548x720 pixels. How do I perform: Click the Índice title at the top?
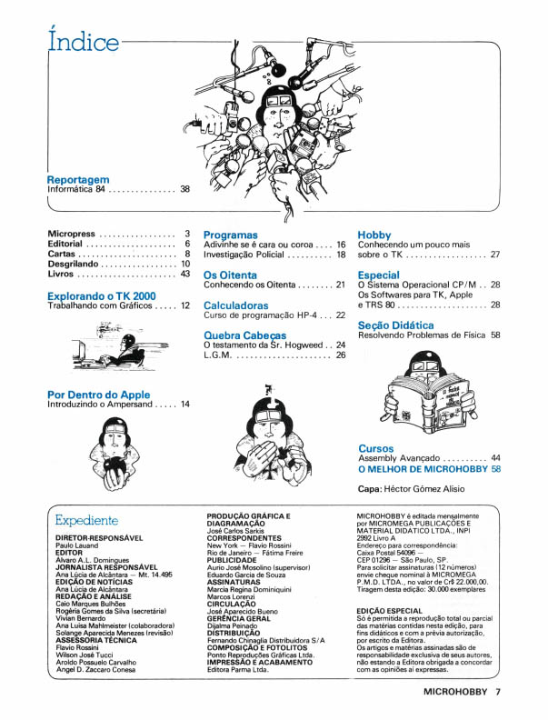pyautogui.click(x=83, y=42)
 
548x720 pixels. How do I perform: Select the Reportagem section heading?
pyautogui.click(x=78, y=180)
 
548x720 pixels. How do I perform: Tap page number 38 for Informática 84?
pyautogui.click(x=185, y=190)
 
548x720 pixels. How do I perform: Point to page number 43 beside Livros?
pyautogui.click(x=185, y=273)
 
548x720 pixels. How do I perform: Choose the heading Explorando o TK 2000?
pyautogui.click(x=101, y=296)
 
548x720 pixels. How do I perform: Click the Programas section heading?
pyautogui.click(x=231, y=235)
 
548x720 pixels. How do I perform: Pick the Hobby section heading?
pyautogui.click(x=374, y=235)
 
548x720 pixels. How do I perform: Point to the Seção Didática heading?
pyautogui.click(x=395, y=325)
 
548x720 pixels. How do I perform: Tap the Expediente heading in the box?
pyautogui.click(x=87, y=521)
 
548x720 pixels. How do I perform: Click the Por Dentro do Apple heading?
pyautogui.click(x=99, y=395)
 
